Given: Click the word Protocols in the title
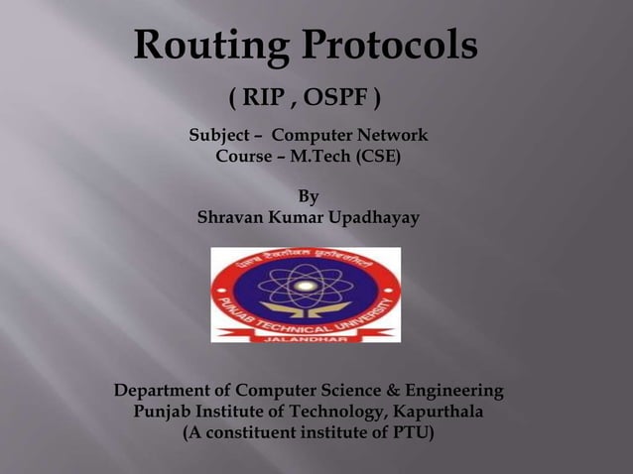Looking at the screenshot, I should tap(390, 46).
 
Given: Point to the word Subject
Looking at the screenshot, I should tap(220, 135).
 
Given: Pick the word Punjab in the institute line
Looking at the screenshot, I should tap(162, 412).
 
